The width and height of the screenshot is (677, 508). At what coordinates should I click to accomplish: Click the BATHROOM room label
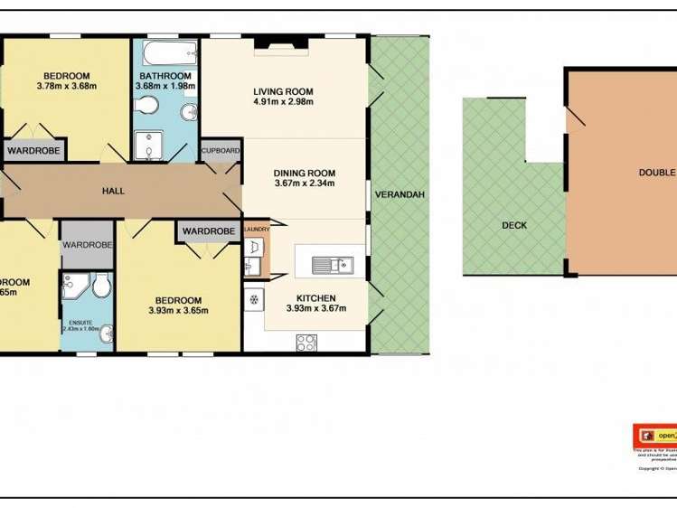(x=165, y=75)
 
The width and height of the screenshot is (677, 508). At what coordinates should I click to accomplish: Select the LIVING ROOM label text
(x=284, y=89)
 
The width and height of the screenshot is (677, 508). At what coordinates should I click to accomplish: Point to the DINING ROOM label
(x=305, y=173)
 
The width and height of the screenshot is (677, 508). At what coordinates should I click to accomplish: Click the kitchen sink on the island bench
(x=332, y=265)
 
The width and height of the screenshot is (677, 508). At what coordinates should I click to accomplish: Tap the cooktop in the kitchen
(x=306, y=342)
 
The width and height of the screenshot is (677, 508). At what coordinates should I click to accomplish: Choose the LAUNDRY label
(x=257, y=230)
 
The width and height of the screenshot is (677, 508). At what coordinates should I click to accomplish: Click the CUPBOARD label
(x=221, y=150)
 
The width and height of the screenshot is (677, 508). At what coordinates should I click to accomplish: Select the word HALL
(x=114, y=191)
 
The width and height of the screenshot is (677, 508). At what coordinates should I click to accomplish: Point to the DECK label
(x=513, y=226)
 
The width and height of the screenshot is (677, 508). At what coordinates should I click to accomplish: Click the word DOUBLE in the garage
(x=657, y=173)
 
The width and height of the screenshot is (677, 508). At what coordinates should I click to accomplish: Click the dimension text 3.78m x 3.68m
(x=66, y=86)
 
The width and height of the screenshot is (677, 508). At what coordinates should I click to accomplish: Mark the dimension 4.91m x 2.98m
(x=284, y=101)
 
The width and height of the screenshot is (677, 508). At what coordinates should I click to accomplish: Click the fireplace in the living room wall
(x=280, y=42)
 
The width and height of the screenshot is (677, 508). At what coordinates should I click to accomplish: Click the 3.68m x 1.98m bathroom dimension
(x=165, y=86)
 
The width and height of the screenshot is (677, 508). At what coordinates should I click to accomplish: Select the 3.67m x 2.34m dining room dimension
(x=305, y=183)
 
